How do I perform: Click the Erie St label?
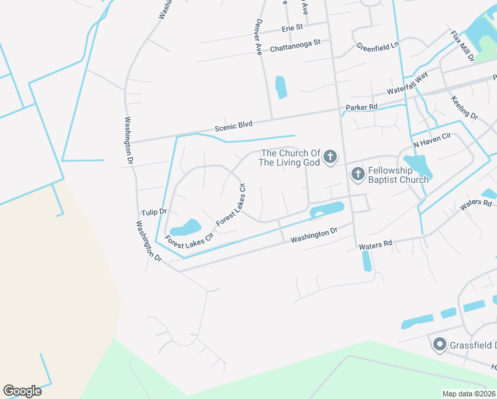point(292,27)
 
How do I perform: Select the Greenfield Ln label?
point(377,47)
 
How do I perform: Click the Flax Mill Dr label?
point(462,46)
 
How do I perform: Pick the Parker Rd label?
point(361,106)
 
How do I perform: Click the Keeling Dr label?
point(464,108)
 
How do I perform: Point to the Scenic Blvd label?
point(233,124)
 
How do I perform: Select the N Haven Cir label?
point(432,140)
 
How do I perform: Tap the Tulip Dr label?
point(153,211)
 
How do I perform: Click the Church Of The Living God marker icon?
point(330,158)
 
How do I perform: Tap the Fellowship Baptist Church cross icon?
point(357,174)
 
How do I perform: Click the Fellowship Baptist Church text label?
point(398,175)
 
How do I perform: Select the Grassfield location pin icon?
point(439,344)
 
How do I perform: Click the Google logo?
point(23,391)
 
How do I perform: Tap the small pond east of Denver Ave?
point(280,87)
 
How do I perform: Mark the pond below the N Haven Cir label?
point(417,166)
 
